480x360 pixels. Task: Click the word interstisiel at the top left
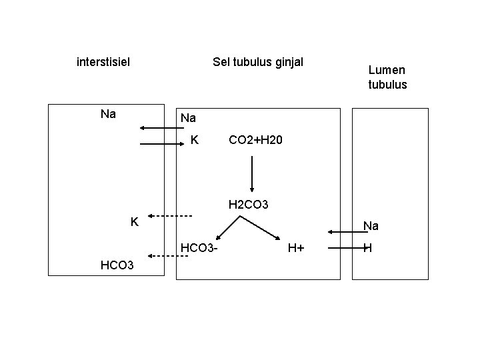coord(103,63)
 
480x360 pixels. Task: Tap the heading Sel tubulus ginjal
coord(257,63)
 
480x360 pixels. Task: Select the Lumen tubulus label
coord(387,77)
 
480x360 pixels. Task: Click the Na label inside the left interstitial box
coord(108,114)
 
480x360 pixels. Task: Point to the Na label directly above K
coord(188,118)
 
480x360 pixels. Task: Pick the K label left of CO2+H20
coord(194,140)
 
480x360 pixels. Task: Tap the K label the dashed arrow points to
coord(134,221)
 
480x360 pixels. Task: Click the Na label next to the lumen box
coord(370,227)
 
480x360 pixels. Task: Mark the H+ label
coord(296,249)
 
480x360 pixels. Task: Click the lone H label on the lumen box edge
coord(367,249)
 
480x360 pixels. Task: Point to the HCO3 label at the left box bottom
coord(117,265)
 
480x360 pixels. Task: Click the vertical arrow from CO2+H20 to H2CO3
coord(251,173)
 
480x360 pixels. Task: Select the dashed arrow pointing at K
coord(170,216)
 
